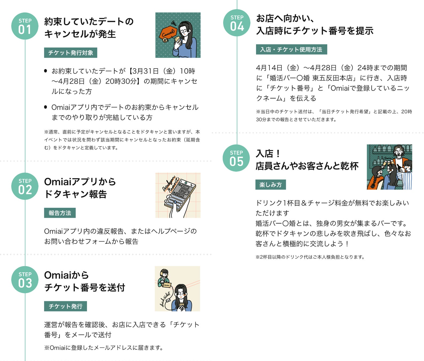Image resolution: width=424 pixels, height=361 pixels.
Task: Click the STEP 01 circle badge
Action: tap(25, 26)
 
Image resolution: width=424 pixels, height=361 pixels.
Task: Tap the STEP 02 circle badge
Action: tap(25, 186)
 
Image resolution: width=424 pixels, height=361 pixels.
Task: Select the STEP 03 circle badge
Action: tap(25, 279)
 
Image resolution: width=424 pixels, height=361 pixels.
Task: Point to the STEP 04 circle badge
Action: tap(237, 23)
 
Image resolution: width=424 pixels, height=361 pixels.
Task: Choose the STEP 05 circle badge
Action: tap(236, 158)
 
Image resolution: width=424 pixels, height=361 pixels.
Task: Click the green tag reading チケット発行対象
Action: tap(70, 53)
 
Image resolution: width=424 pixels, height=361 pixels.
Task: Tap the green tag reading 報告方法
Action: tap(60, 213)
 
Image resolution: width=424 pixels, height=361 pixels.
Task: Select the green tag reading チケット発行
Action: tap(65, 306)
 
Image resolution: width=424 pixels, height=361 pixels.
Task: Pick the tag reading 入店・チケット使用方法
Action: tap(291, 49)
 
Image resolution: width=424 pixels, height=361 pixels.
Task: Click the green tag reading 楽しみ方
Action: tap(270, 185)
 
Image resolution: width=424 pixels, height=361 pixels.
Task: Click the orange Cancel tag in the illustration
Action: tap(168, 33)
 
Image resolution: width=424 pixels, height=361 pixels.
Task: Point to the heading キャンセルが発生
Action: tap(80, 34)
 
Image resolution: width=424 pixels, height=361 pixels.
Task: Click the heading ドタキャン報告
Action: tap(76, 194)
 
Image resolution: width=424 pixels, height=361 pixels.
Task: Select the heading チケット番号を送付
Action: tap(85, 287)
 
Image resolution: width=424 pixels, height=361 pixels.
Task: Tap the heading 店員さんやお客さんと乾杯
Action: tap(307, 166)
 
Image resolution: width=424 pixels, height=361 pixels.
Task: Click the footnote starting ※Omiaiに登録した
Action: tap(104, 348)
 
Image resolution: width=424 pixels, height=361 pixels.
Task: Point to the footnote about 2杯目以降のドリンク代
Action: tap(310, 257)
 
